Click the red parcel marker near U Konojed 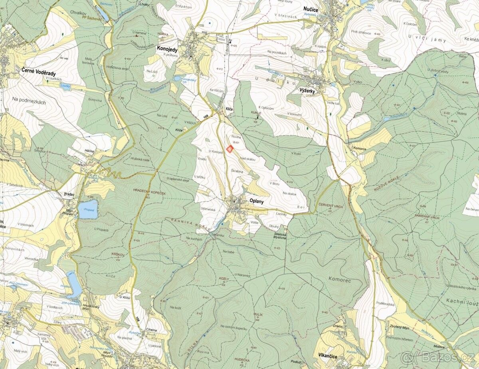(x=230, y=149)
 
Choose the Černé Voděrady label (x=37, y=70)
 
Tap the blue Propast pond (x=88, y=209)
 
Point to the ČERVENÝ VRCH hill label (x=331, y=205)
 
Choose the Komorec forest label (x=340, y=280)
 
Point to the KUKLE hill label (x=256, y=113)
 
